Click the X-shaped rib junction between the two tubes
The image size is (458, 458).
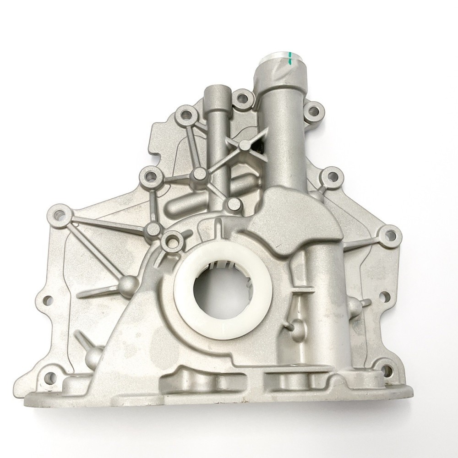point(245,145)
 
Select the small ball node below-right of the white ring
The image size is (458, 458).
point(296,326)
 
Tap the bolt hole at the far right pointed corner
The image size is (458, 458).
point(389,235)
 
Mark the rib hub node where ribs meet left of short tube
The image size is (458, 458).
point(200,174)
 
